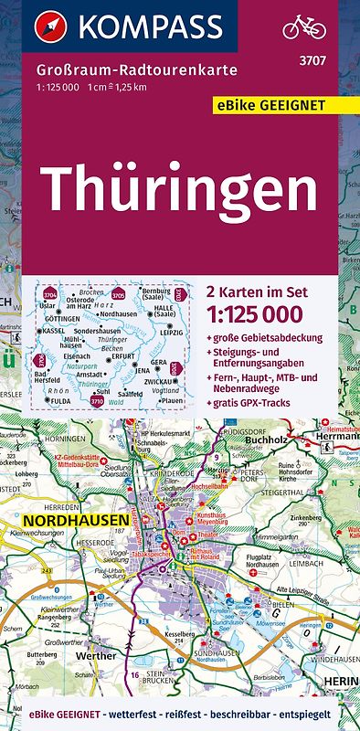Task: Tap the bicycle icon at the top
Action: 303,27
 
